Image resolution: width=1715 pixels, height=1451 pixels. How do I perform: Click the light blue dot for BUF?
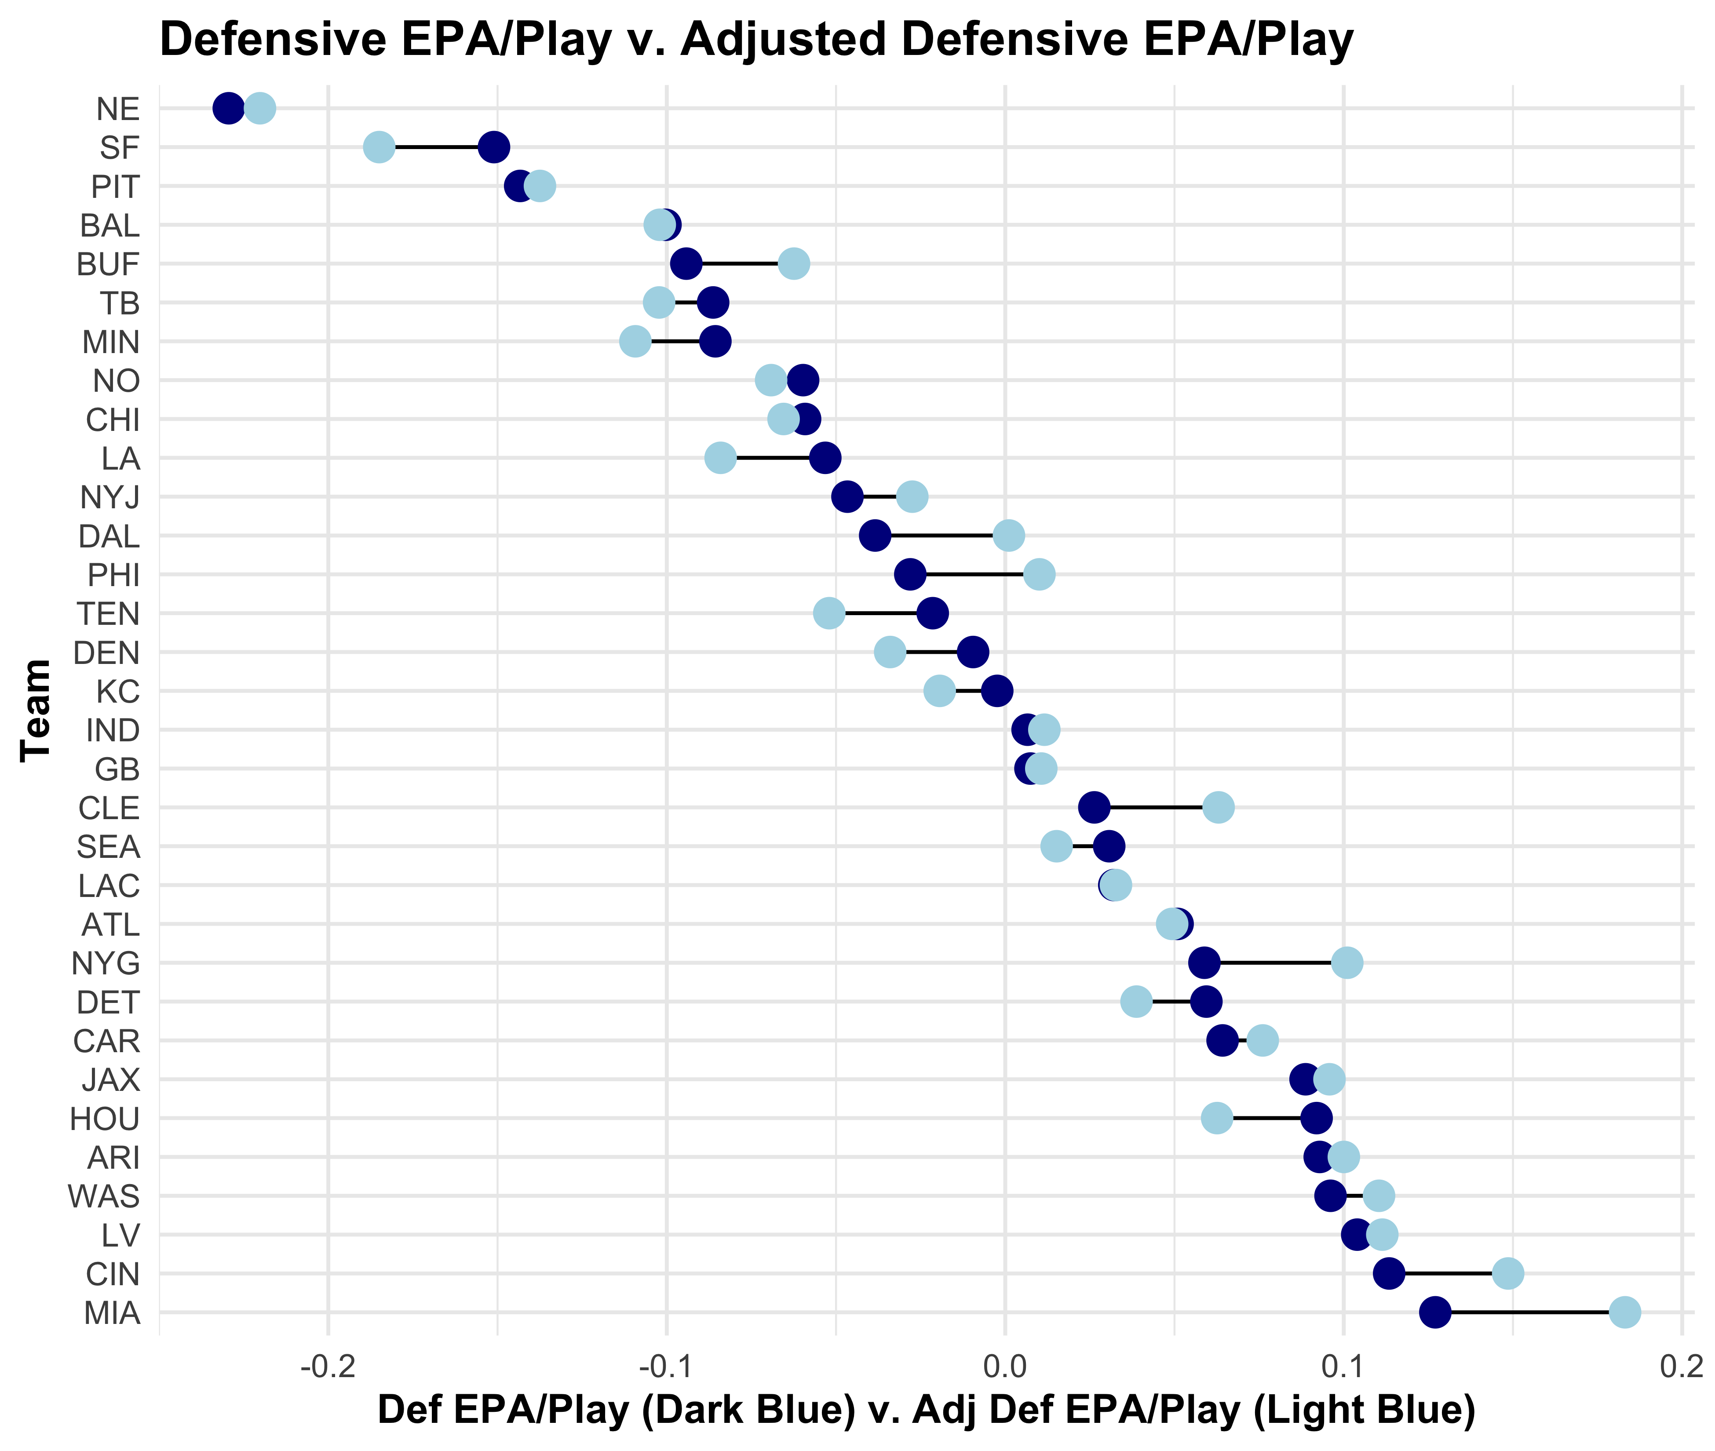coord(794,264)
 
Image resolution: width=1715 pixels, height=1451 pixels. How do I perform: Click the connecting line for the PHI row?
coord(975,574)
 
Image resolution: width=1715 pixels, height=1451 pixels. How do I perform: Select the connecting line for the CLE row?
coord(1156,808)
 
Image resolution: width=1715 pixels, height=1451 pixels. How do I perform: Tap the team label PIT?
coord(115,187)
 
